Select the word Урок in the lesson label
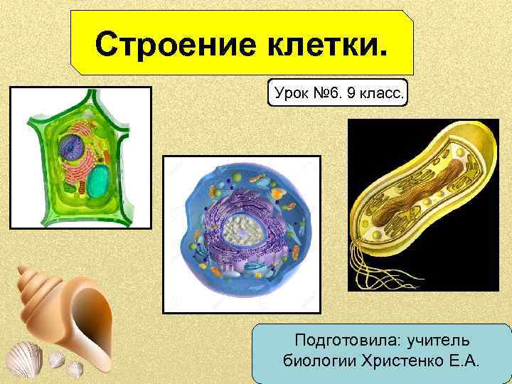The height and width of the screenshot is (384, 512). point(289,92)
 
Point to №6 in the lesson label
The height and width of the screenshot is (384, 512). point(326,92)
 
